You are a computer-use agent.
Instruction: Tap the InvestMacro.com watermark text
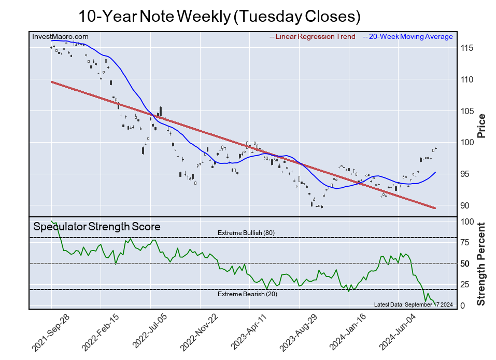(x=60, y=36)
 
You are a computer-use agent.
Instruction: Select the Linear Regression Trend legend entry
(x=312, y=36)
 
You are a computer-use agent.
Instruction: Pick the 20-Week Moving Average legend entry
(x=407, y=36)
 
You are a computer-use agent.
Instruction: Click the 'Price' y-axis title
(x=481, y=125)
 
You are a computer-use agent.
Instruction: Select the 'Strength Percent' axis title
(x=481, y=264)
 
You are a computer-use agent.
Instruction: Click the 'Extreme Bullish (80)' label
(x=246, y=233)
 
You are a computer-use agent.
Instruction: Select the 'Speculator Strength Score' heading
(x=97, y=227)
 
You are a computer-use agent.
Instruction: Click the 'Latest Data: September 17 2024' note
(x=413, y=304)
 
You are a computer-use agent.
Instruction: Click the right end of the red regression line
(x=434, y=208)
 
